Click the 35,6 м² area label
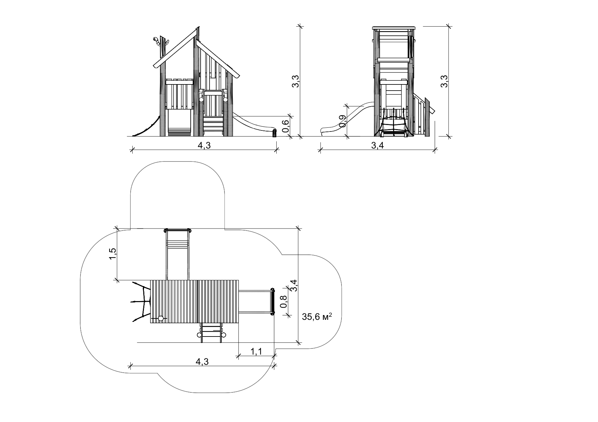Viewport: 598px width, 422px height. (x=317, y=317)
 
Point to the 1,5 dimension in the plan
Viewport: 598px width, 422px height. (x=113, y=254)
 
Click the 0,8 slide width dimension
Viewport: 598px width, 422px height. (x=283, y=301)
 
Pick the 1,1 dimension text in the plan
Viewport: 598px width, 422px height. (x=256, y=352)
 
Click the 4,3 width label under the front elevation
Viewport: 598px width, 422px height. (x=204, y=145)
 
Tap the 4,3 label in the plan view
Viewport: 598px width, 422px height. (x=202, y=362)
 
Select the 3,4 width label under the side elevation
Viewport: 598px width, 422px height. (x=377, y=145)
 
